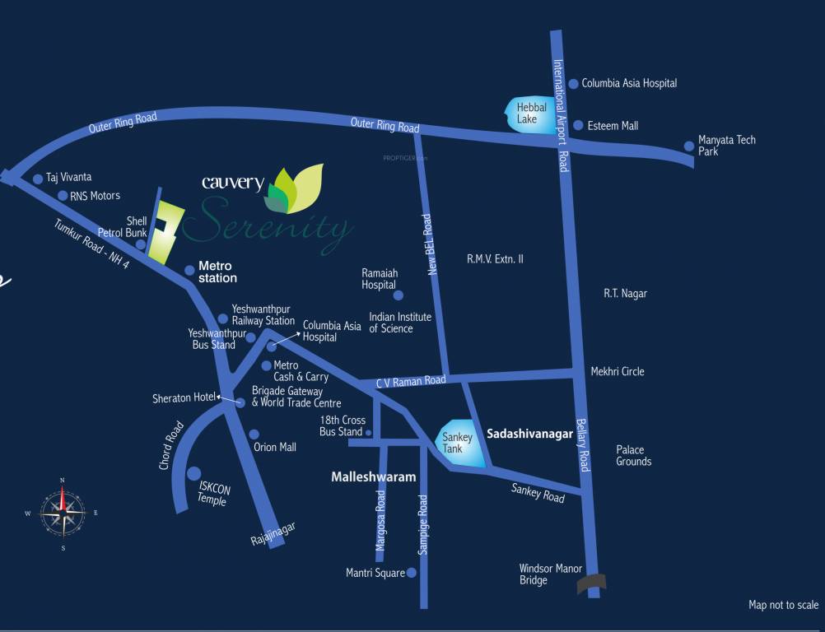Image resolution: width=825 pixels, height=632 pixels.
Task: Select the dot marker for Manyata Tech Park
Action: click(x=689, y=146)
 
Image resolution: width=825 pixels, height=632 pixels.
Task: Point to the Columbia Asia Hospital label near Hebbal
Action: click(x=629, y=83)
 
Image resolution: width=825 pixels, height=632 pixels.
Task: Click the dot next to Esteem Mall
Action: click(x=579, y=126)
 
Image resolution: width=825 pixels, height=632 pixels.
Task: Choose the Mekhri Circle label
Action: click(x=618, y=372)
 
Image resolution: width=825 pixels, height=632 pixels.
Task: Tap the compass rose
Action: click(x=63, y=513)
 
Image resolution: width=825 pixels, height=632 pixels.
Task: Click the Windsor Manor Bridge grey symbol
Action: click(x=591, y=583)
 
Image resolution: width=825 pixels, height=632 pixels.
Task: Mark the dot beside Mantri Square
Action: click(x=412, y=573)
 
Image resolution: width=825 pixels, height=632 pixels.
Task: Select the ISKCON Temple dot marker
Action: click(x=194, y=473)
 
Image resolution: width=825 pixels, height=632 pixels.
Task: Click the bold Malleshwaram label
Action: click(x=373, y=477)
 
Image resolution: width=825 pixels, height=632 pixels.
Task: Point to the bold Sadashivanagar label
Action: click(x=529, y=434)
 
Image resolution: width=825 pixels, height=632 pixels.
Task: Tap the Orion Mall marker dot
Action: click(x=254, y=434)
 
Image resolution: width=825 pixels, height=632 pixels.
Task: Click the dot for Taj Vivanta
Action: click(x=37, y=179)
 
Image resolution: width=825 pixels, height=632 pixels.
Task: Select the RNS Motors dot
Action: click(x=63, y=196)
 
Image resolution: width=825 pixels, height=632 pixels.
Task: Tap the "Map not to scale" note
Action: click(x=783, y=606)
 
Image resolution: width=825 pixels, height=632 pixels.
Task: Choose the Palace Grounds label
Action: click(x=633, y=456)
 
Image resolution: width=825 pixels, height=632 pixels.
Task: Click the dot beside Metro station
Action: click(x=189, y=270)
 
